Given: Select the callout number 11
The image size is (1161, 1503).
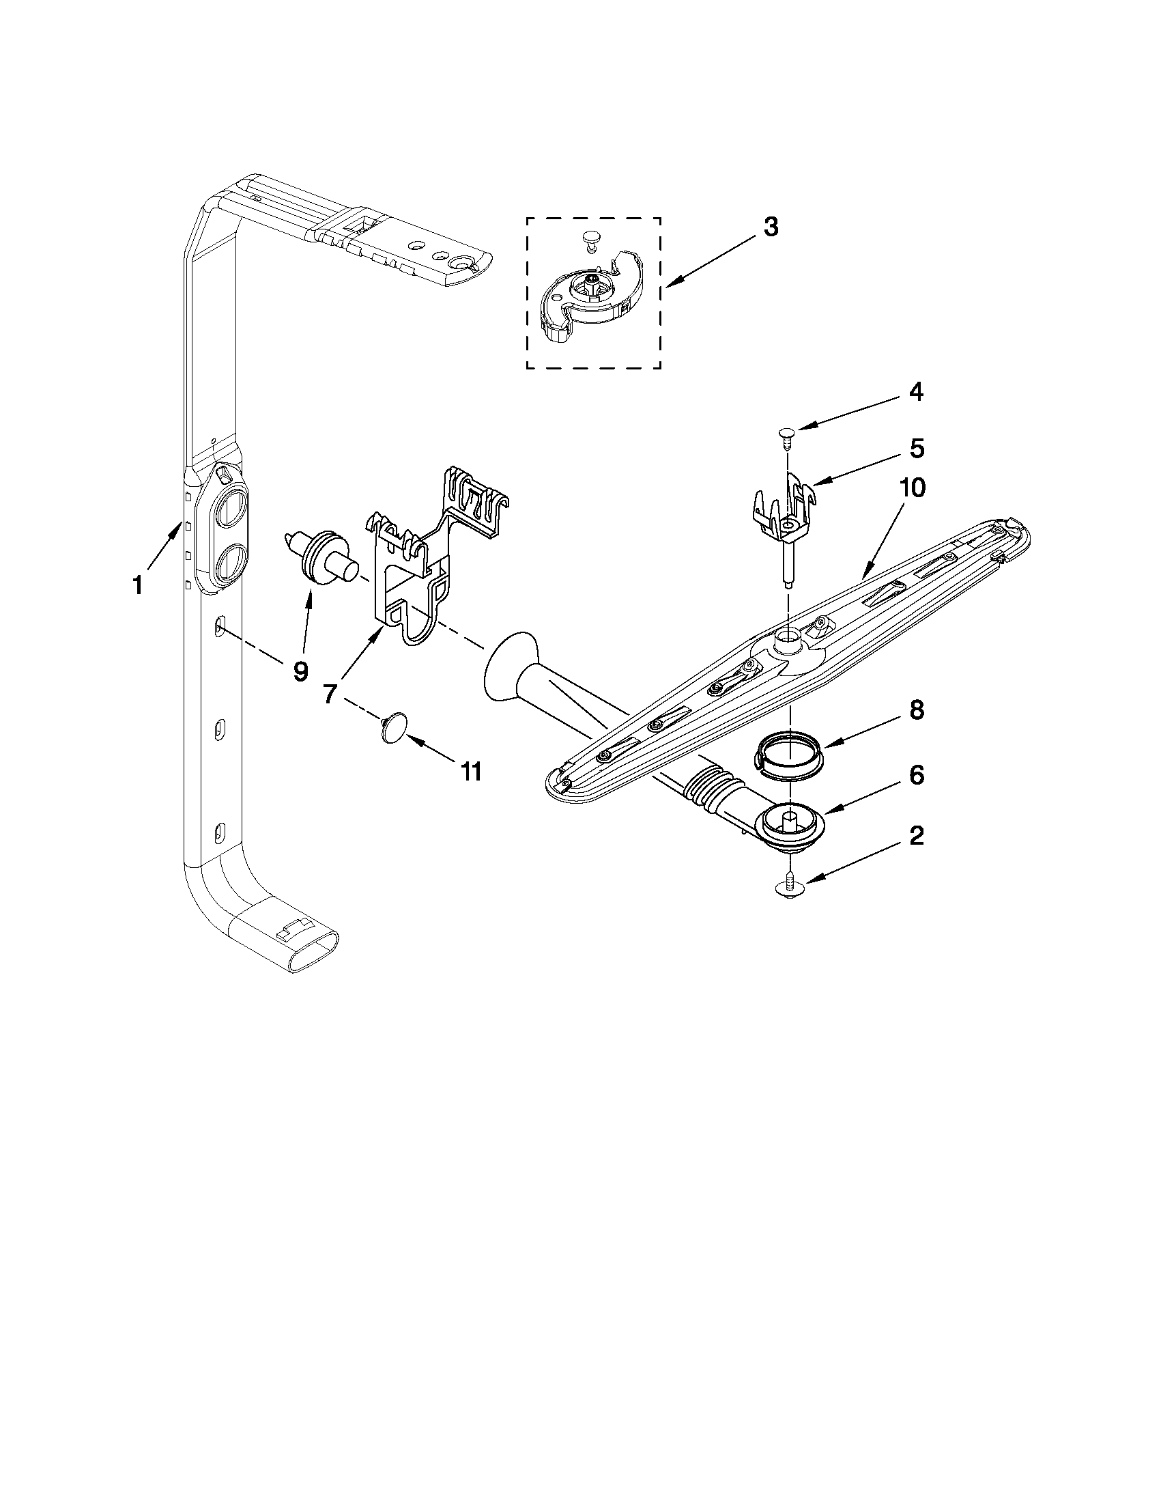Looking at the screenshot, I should pos(470,772).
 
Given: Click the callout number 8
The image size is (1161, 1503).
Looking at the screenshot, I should pos(917,711).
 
